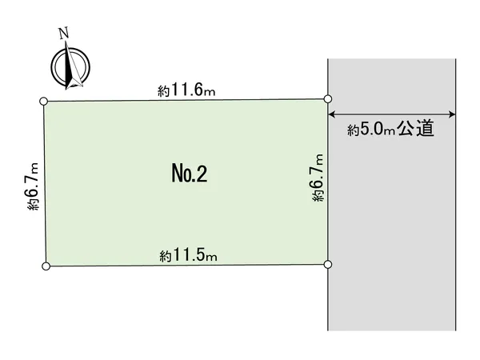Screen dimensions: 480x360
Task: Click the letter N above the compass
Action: [64, 33]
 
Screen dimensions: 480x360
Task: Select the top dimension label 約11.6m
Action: [186, 90]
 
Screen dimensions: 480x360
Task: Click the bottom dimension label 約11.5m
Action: [188, 255]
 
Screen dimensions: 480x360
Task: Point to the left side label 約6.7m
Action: [33, 186]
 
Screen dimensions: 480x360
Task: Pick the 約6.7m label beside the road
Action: [318, 178]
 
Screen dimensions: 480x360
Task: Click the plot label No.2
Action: [190, 174]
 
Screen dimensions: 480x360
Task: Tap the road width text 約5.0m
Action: [371, 129]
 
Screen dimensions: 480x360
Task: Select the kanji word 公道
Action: [416, 128]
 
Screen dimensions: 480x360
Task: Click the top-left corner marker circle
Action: [44, 101]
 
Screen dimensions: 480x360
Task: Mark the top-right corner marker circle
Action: [327, 99]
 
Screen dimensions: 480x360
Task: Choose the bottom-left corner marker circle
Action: [46, 266]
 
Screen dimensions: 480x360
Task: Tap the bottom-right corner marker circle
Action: [327, 264]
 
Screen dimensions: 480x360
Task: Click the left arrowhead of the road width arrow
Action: [331, 114]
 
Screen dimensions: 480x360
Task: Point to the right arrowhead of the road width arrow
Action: [452, 114]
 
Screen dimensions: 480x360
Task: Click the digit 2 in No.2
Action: [201, 174]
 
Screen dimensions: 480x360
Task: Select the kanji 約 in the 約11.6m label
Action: [163, 91]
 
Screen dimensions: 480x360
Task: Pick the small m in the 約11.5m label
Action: [212, 258]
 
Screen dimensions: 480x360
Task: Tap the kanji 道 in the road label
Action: [426, 128]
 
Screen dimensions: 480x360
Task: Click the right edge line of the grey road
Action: [456, 194]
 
